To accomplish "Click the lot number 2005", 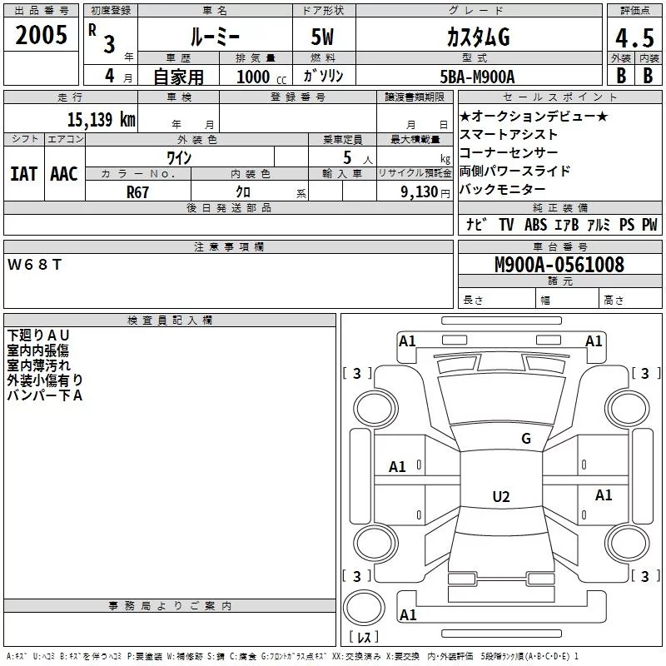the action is coord(41,35).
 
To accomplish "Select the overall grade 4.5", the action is coord(633,38).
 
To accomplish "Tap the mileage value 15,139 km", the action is coord(101,119).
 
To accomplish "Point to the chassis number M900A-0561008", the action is coord(559,265).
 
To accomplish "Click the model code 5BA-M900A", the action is coord(477,77).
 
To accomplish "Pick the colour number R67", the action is coord(137,191).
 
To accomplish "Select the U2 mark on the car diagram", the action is coord(500,497).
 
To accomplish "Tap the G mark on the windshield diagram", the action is coord(525,439).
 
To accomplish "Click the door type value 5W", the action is coord(323,38).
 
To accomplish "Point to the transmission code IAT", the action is coord(23,173).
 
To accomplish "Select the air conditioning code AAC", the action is coord(63,173).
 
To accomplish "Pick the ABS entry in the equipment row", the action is coord(535,225).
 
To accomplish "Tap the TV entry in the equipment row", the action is coord(506,225).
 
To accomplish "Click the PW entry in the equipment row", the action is coord(649,225).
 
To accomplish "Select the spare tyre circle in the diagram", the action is coord(364,607).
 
